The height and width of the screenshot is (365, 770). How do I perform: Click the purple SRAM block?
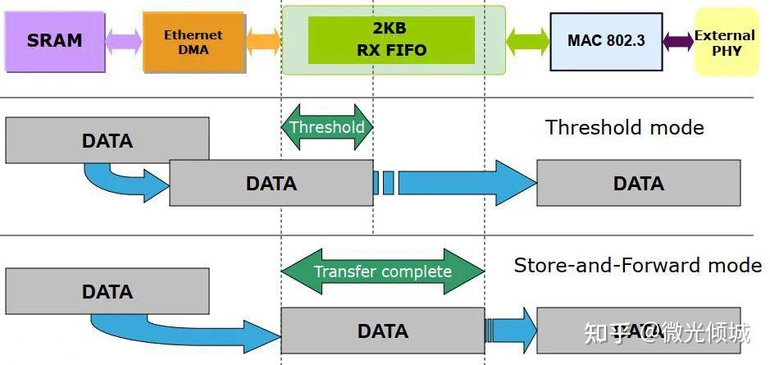pyautogui.click(x=54, y=41)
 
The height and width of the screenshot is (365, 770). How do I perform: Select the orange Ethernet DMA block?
pyautogui.click(x=194, y=42)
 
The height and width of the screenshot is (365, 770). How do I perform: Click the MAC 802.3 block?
pyautogui.click(x=606, y=41)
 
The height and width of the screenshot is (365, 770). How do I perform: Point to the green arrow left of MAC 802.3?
pyautogui.click(x=528, y=41)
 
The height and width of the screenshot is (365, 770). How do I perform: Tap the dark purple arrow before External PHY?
pyautogui.click(x=678, y=41)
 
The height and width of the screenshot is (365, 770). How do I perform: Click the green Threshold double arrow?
pyautogui.click(x=327, y=127)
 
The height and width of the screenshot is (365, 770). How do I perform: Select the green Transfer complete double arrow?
pyautogui.click(x=383, y=271)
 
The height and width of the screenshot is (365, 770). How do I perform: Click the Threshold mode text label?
pyautogui.click(x=624, y=127)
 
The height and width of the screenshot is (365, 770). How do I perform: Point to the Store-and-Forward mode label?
pyautogui.click(x=637, y=265)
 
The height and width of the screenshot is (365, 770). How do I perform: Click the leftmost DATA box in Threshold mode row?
pyautogui.click(x=107, y=140)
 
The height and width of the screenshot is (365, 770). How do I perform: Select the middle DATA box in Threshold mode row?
pyautogui.click(x=271, y=183)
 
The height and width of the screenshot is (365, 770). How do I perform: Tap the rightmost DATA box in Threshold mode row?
pyautogui.click(x=638, y=183)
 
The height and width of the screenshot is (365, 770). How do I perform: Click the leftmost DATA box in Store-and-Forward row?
pyautogui.click(x=107, y=291)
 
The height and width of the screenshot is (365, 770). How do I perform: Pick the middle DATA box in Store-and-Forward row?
pyautogui.click(x=382, y=331)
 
